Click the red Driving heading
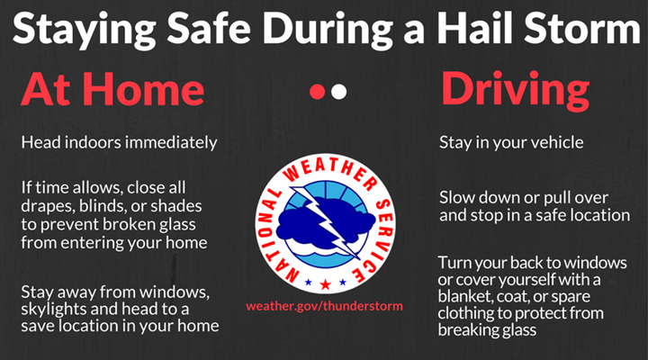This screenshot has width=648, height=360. pyautogui.click(x=516, y=91)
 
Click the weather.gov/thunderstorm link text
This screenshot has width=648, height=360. pyautogui.click(x=324, y=306)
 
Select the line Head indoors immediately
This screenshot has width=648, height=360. pyautogui.click(x=119, y=143)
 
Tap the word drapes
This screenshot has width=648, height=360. pyautogui.click(x=45, y=204)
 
